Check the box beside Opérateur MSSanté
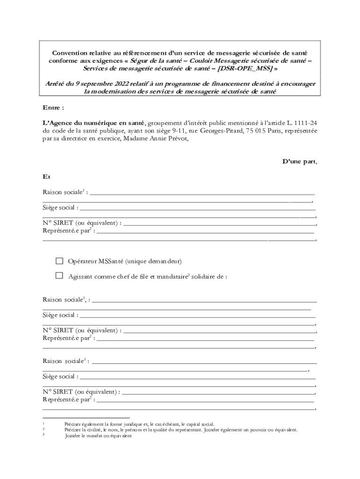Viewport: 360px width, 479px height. (59, 261)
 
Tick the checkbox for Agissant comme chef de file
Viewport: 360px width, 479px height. (59, 276)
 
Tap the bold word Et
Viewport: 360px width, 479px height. (46, 177)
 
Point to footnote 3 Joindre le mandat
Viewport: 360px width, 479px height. (98, 435)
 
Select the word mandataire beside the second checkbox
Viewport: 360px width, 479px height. (168, 276)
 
